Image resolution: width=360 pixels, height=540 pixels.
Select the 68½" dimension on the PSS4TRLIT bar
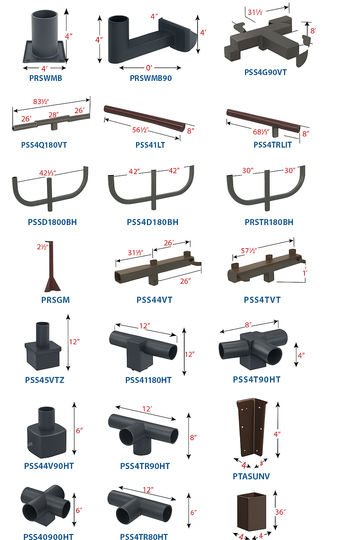259,129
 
